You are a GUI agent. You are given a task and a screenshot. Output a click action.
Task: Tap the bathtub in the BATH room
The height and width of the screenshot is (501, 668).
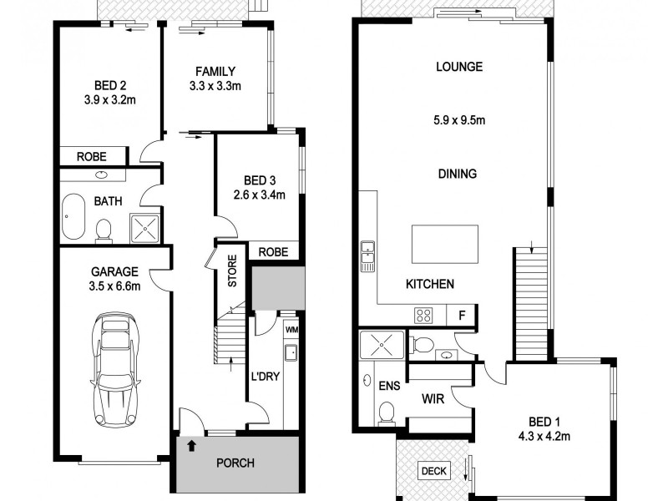coord(73,217)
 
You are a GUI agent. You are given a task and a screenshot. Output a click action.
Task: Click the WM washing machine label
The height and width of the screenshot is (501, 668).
coord(291,331)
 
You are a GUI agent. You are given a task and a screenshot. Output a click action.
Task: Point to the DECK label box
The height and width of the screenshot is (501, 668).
coord(433,472)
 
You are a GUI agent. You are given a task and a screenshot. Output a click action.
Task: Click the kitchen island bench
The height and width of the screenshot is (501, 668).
coord(443,244)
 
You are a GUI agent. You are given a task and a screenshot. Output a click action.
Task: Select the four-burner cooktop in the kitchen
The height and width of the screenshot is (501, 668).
coord(423,316)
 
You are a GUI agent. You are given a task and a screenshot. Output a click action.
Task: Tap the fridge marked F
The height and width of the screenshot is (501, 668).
coord(461,316)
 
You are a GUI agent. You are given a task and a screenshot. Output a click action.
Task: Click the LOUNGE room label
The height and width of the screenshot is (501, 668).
coord(459,67)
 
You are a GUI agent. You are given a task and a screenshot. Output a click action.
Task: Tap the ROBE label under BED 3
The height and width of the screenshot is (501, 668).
coord(273,252)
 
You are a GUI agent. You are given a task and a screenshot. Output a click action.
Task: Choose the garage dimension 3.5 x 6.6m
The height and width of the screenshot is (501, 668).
coord(114,286)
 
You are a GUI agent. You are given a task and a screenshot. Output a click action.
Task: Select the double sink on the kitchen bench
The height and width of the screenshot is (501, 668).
coord(367,256)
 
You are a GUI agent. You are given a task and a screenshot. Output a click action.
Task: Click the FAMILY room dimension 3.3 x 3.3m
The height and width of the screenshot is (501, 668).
coord(215,86)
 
